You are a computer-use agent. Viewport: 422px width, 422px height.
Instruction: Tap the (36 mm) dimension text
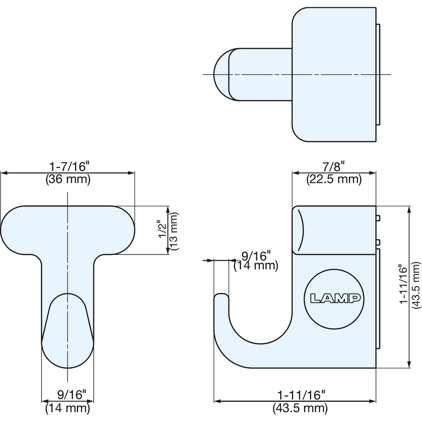(68, 179)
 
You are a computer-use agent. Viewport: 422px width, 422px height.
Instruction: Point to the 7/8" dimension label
(334, 166)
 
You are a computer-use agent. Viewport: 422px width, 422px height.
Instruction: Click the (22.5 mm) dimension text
(334, 179)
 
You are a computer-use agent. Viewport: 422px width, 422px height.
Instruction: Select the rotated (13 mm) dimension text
(174, 231)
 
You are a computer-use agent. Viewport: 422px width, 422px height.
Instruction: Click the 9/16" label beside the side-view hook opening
(256, 256)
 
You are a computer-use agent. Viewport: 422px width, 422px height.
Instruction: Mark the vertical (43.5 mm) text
(416, 285)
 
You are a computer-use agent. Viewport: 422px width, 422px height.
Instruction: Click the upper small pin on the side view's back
(378, 218)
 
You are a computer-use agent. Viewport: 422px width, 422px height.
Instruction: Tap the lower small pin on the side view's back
(378, 242)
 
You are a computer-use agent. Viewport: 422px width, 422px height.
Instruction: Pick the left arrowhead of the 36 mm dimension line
(4, 173)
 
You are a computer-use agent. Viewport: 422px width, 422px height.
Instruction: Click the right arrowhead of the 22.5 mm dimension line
(372, 173)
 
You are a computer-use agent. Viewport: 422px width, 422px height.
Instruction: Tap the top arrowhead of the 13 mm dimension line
(168, 210)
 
